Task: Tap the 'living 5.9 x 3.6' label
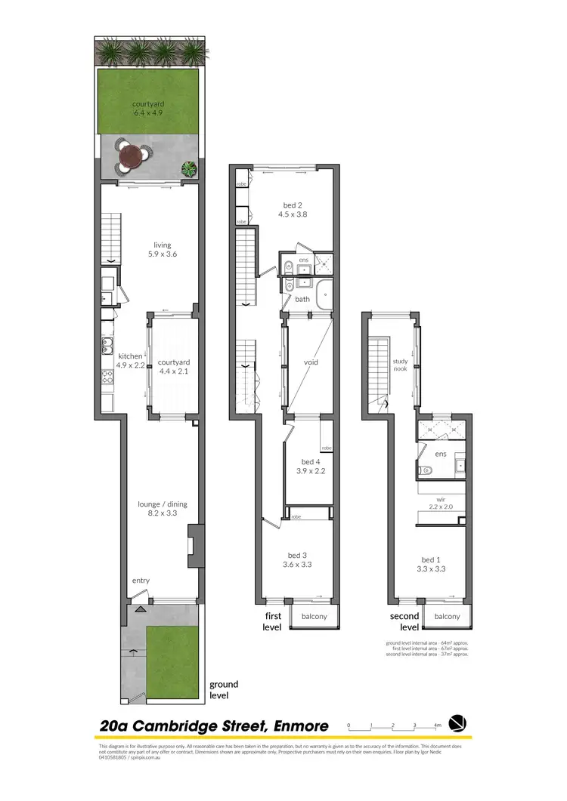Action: pos(162,250)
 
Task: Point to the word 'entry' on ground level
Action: pos(141,581)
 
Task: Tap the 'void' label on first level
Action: pos(311,362)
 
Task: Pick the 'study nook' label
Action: pos(400,366)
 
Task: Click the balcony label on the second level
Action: pos(447,617)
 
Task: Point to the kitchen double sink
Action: pos(107,348)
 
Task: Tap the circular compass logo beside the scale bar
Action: pos(458,723)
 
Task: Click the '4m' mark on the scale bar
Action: pos(437,725)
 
